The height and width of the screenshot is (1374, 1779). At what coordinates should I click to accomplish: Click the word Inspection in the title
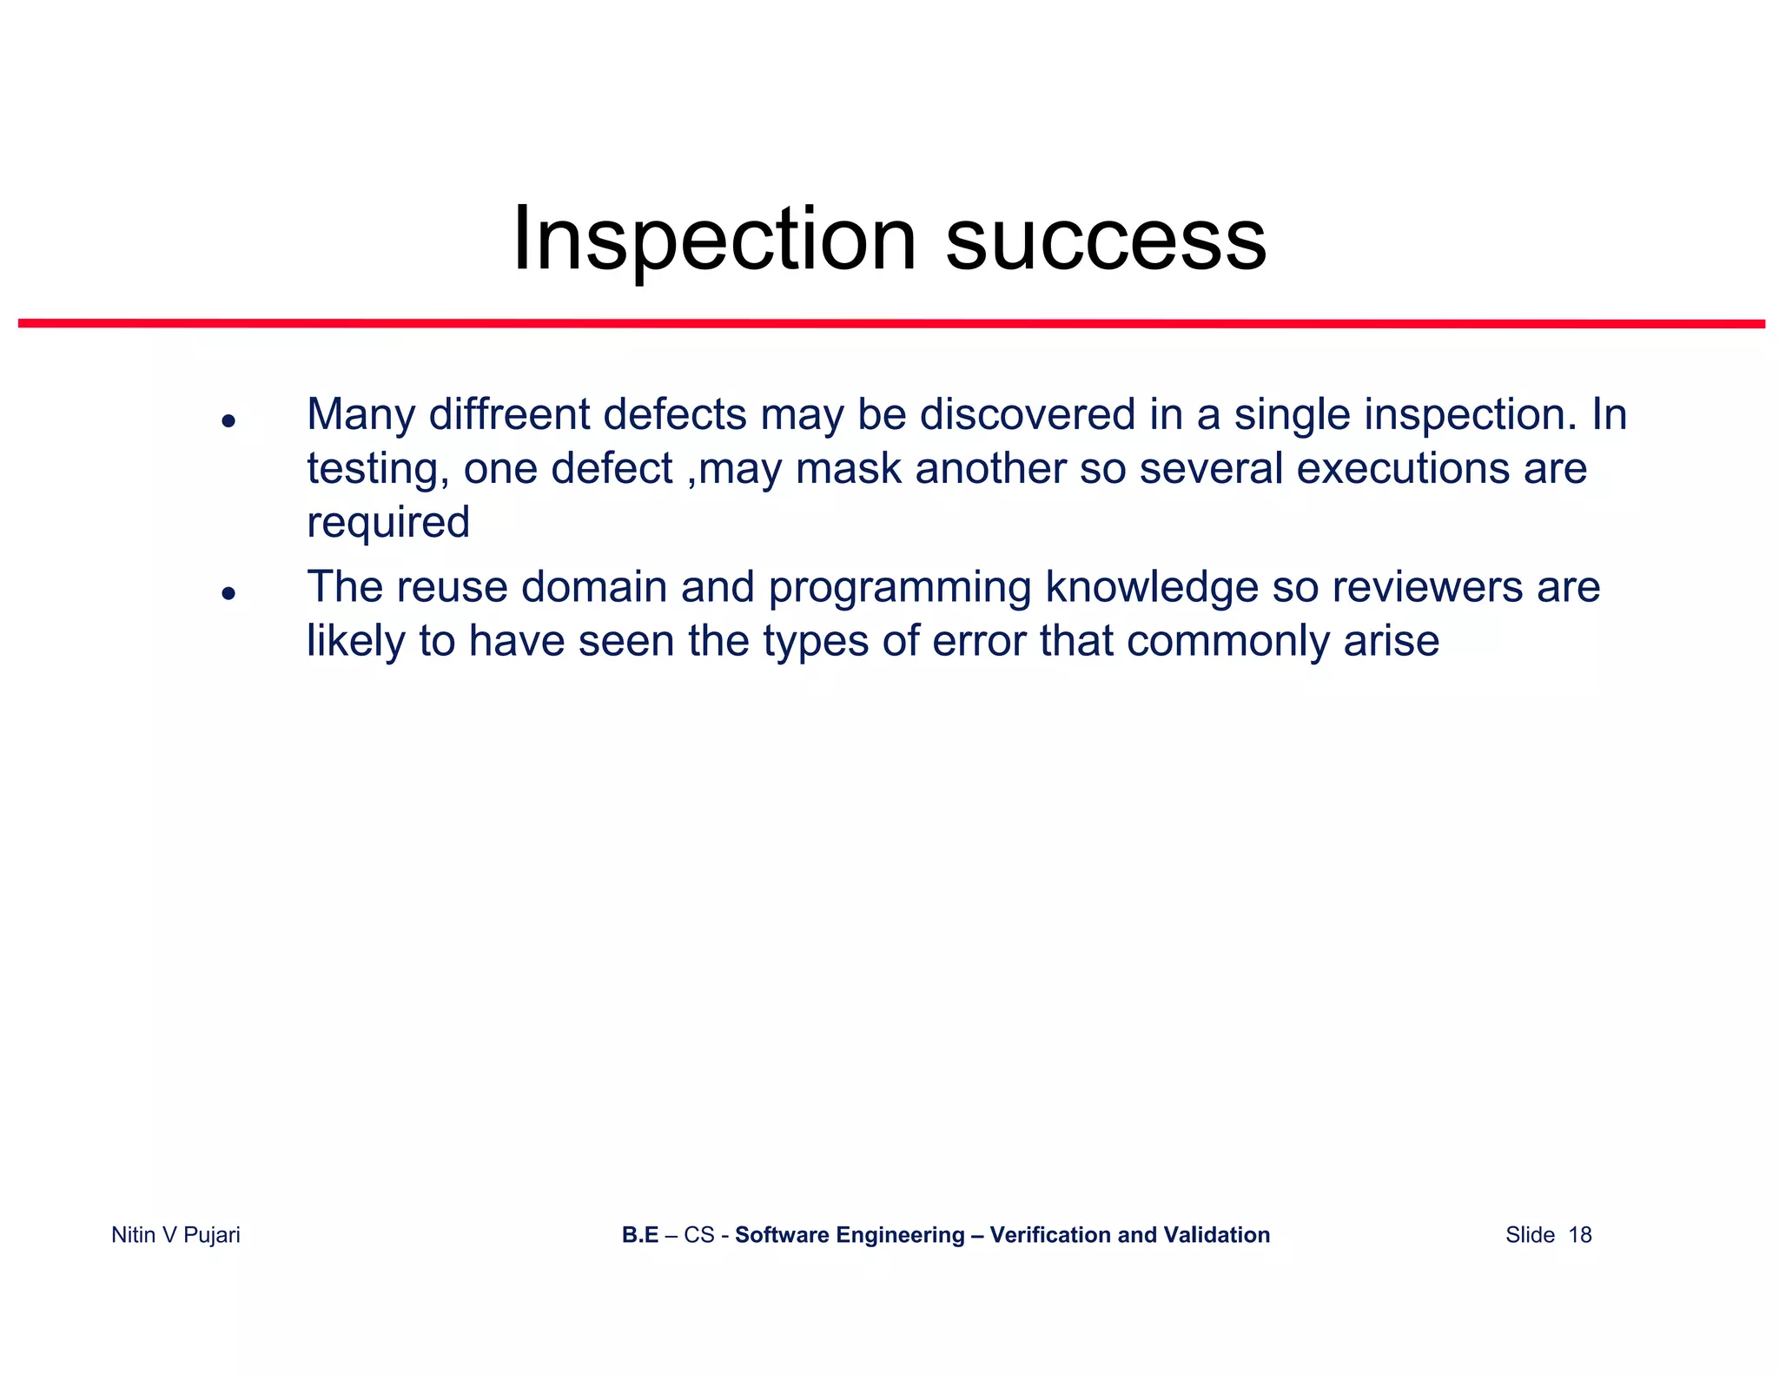point(714,239)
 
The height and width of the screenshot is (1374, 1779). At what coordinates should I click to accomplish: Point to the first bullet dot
point(228,421)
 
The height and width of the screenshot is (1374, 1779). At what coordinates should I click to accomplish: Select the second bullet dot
point(228,594)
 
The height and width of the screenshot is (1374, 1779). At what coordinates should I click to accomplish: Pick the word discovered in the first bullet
point(1028,414)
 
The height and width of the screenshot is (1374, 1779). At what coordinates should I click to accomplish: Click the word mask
point(848,468)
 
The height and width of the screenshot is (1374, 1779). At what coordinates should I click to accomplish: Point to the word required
point(388,523)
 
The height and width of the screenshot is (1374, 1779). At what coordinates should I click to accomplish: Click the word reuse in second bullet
point(452,587)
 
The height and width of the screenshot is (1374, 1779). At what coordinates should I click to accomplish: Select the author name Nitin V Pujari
point(175,1234)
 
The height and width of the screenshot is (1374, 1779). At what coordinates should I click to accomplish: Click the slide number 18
point(1579,1234)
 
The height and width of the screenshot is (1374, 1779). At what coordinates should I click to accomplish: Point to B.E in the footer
point(640,1234)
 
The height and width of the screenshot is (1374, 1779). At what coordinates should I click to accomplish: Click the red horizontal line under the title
point(891,324)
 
